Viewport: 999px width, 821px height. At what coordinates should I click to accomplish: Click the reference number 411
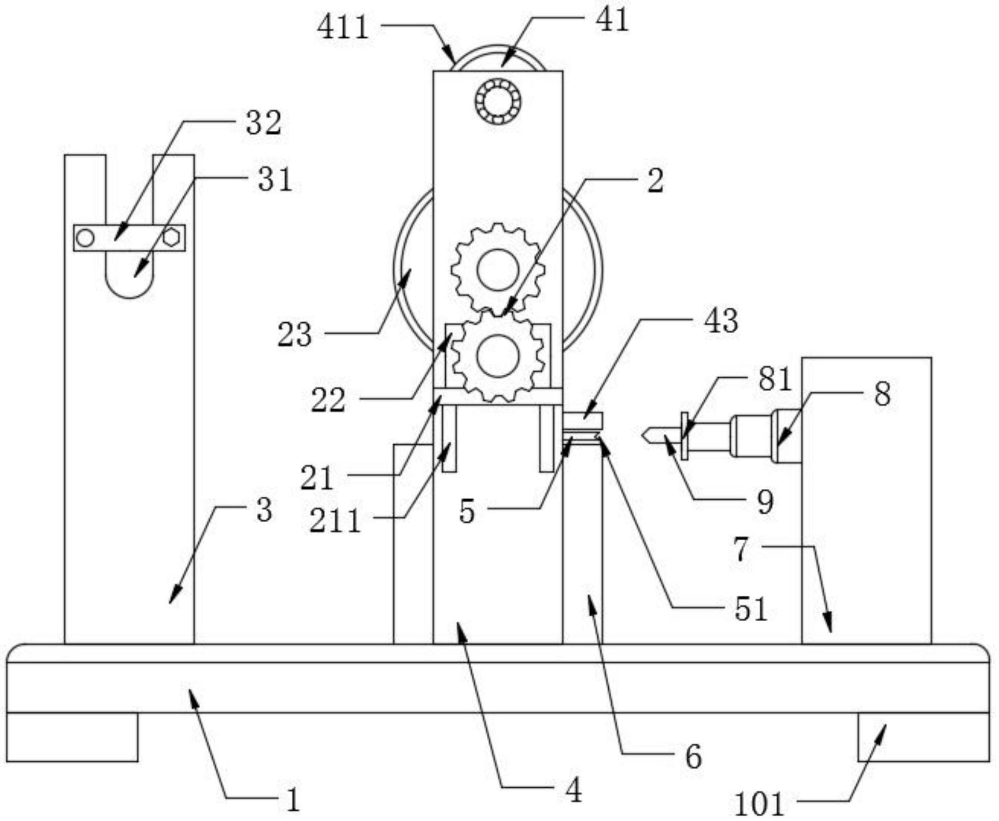(x=343, y=27)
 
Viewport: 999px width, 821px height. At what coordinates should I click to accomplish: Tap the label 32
(x=264, y=123)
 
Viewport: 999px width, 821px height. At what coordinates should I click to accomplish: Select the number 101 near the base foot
(x=759, y=804)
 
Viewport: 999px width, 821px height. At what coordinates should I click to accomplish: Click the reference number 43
(x=721, y=321)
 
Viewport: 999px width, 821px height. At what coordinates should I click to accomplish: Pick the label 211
(x=335, y=521)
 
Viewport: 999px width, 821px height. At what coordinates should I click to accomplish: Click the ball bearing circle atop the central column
(x=498, y=101)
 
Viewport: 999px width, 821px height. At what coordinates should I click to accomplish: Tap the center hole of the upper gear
(x=498, y=269)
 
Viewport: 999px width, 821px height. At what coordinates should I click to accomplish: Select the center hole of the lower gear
(x=498, y=356)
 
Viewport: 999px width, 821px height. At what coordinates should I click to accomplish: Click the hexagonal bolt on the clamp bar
(x=171, y=238)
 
